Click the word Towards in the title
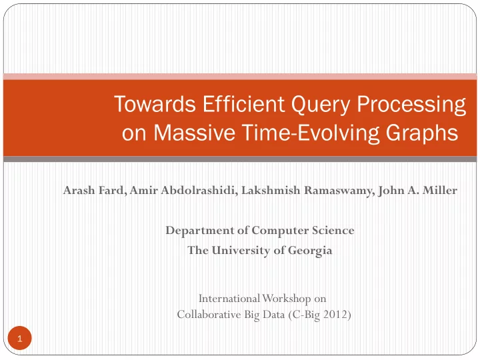(155, 104)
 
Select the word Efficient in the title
(244, 103)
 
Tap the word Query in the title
(321, 105)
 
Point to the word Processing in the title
(411, 105)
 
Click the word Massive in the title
(195, 133)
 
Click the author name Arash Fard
(94, 191)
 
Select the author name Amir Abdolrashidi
(183, 191)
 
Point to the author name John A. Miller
(417, 191)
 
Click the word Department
(200, 231)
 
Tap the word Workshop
(287, 299)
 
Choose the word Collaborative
(209, 315)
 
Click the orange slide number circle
(19, 338)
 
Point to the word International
(229, 299)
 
